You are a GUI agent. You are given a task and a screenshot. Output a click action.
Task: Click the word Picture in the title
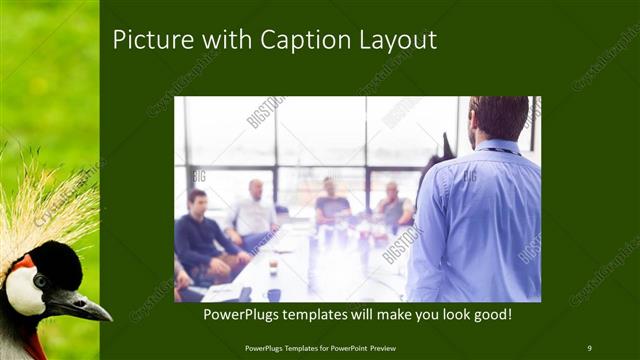146,40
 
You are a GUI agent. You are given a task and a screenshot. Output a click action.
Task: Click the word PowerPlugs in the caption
239,315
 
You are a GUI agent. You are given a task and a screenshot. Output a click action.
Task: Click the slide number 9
589,347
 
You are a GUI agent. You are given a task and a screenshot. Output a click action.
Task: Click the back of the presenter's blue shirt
479,220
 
